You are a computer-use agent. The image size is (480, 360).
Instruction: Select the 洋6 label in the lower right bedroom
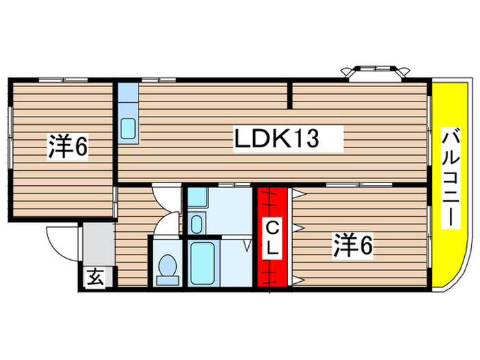click(353, 245)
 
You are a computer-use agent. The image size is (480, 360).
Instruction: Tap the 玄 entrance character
click(95, 278)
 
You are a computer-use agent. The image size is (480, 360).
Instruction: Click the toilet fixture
click(167, 268)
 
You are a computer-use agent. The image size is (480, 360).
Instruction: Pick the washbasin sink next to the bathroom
click(196, 224)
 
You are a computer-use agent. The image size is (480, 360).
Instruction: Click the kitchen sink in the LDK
click(128, 128)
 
